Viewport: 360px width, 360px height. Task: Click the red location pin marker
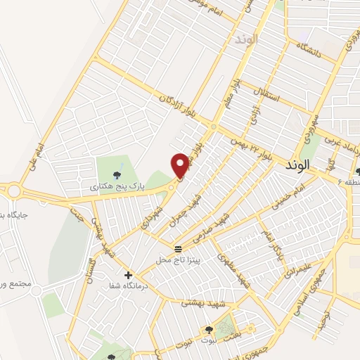[180, 165]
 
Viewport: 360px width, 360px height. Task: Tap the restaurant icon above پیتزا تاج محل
[177, 250]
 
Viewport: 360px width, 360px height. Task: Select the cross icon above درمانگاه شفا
[128, 274]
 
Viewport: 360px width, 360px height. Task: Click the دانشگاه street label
[309, 49]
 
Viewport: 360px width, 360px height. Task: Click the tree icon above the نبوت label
[210, 328]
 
